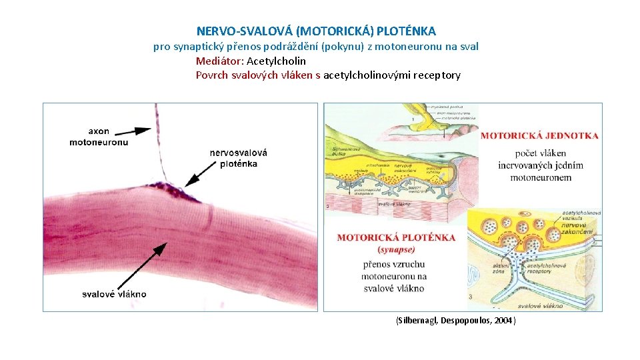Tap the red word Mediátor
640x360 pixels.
coord(219,61)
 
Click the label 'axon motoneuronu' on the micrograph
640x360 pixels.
coord(99,136)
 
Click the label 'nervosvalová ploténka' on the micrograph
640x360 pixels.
coord(238,158)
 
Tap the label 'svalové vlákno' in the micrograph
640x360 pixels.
coord(114,294)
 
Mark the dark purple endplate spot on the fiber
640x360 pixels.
coord(176,192)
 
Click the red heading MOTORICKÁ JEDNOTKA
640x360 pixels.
coord(539,136)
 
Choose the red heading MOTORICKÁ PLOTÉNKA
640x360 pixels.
coord(396,237)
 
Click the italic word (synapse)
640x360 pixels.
coord(396,249)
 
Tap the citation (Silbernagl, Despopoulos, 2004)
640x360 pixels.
coord(455,321)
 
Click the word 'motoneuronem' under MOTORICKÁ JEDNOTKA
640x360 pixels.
coord(541,177)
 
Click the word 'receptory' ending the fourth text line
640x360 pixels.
coord(437,75)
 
